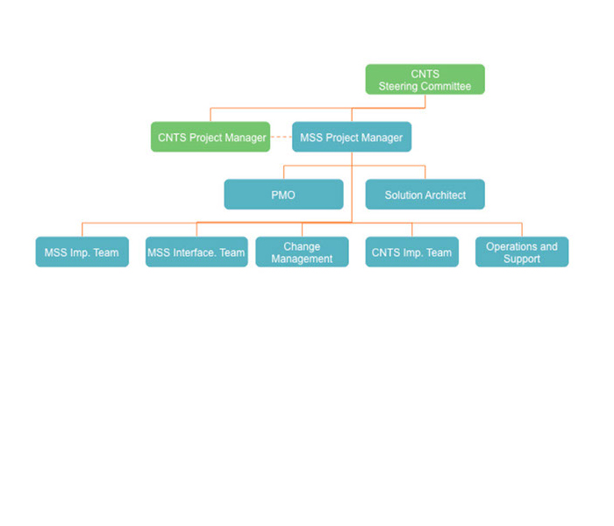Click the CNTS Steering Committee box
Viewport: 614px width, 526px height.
[x=425, y=80]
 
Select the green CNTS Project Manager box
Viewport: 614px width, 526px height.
[x=211, y=137]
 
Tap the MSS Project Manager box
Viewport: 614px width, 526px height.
[x=352, y=137]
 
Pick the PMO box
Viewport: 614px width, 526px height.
[x=283, y=195]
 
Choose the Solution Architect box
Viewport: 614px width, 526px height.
[x=425, y=195]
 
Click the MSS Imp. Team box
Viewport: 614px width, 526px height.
[x=82, y=252]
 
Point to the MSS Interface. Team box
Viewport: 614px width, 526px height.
[x=196, y=252]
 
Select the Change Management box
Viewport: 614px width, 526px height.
[x=302, y=252]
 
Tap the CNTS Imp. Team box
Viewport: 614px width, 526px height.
[x=412, y=252]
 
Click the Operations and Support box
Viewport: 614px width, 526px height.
[x=522, y=252]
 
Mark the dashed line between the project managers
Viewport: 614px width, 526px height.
[x=281, y=138]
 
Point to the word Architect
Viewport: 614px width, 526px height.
[x=445, y=195]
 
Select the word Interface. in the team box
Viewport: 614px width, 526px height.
[x=195, y=253]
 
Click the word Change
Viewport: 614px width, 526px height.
[x=302, y=247]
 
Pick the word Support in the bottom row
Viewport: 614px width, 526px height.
[x=522, y=259]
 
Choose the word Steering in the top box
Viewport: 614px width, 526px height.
[x=398, y=87]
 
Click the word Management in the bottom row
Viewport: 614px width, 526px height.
[x=302, y=259]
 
